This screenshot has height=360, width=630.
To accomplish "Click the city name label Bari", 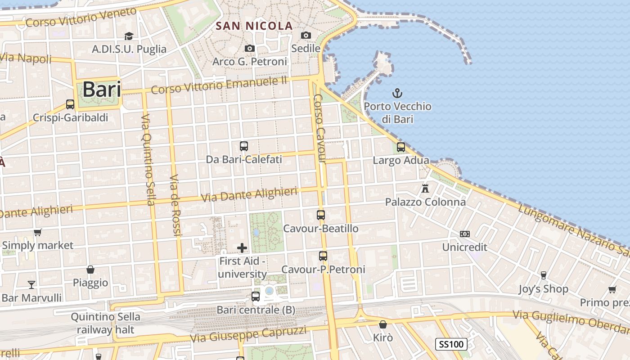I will click(x=102, y=89).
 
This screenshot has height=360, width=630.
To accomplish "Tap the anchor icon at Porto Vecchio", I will click(x=397, y=94).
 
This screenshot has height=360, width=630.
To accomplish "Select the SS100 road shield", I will click(x=451, y=345).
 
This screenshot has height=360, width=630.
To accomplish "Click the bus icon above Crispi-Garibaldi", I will click(x=70, y=104).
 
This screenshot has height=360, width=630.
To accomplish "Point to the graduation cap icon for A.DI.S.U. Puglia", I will click(x=129, y=36).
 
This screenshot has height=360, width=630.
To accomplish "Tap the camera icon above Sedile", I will click(x=306, y=35).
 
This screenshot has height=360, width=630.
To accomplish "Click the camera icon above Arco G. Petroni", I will click(x=250, y=48).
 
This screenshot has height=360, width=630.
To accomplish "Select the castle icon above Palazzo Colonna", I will click(x=425, y=188).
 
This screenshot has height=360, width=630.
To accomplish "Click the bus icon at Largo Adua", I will click(x=401, y=147).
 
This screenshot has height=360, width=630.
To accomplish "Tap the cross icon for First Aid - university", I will click(x=242, y=248).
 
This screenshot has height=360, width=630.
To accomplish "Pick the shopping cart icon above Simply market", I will click(x=38, y=233).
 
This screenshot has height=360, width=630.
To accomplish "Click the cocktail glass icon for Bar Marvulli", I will click(x=31, y=284).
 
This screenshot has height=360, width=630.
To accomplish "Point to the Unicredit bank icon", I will click(x=465, y=234).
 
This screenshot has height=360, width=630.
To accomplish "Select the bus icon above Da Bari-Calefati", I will click(x=244, y=146).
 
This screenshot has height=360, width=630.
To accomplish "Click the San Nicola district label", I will click(x=254, y=26).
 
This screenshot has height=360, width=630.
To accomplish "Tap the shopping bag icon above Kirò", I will click(x=383, y=324).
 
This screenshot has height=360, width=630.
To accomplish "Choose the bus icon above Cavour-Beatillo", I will click(x=321, y=215).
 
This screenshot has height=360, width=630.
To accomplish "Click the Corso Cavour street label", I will click(x=319, y=128).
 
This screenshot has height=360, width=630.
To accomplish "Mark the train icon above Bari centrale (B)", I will click(x=256, y=297).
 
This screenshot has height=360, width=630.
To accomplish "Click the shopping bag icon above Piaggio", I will click(x=90, y=270).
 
